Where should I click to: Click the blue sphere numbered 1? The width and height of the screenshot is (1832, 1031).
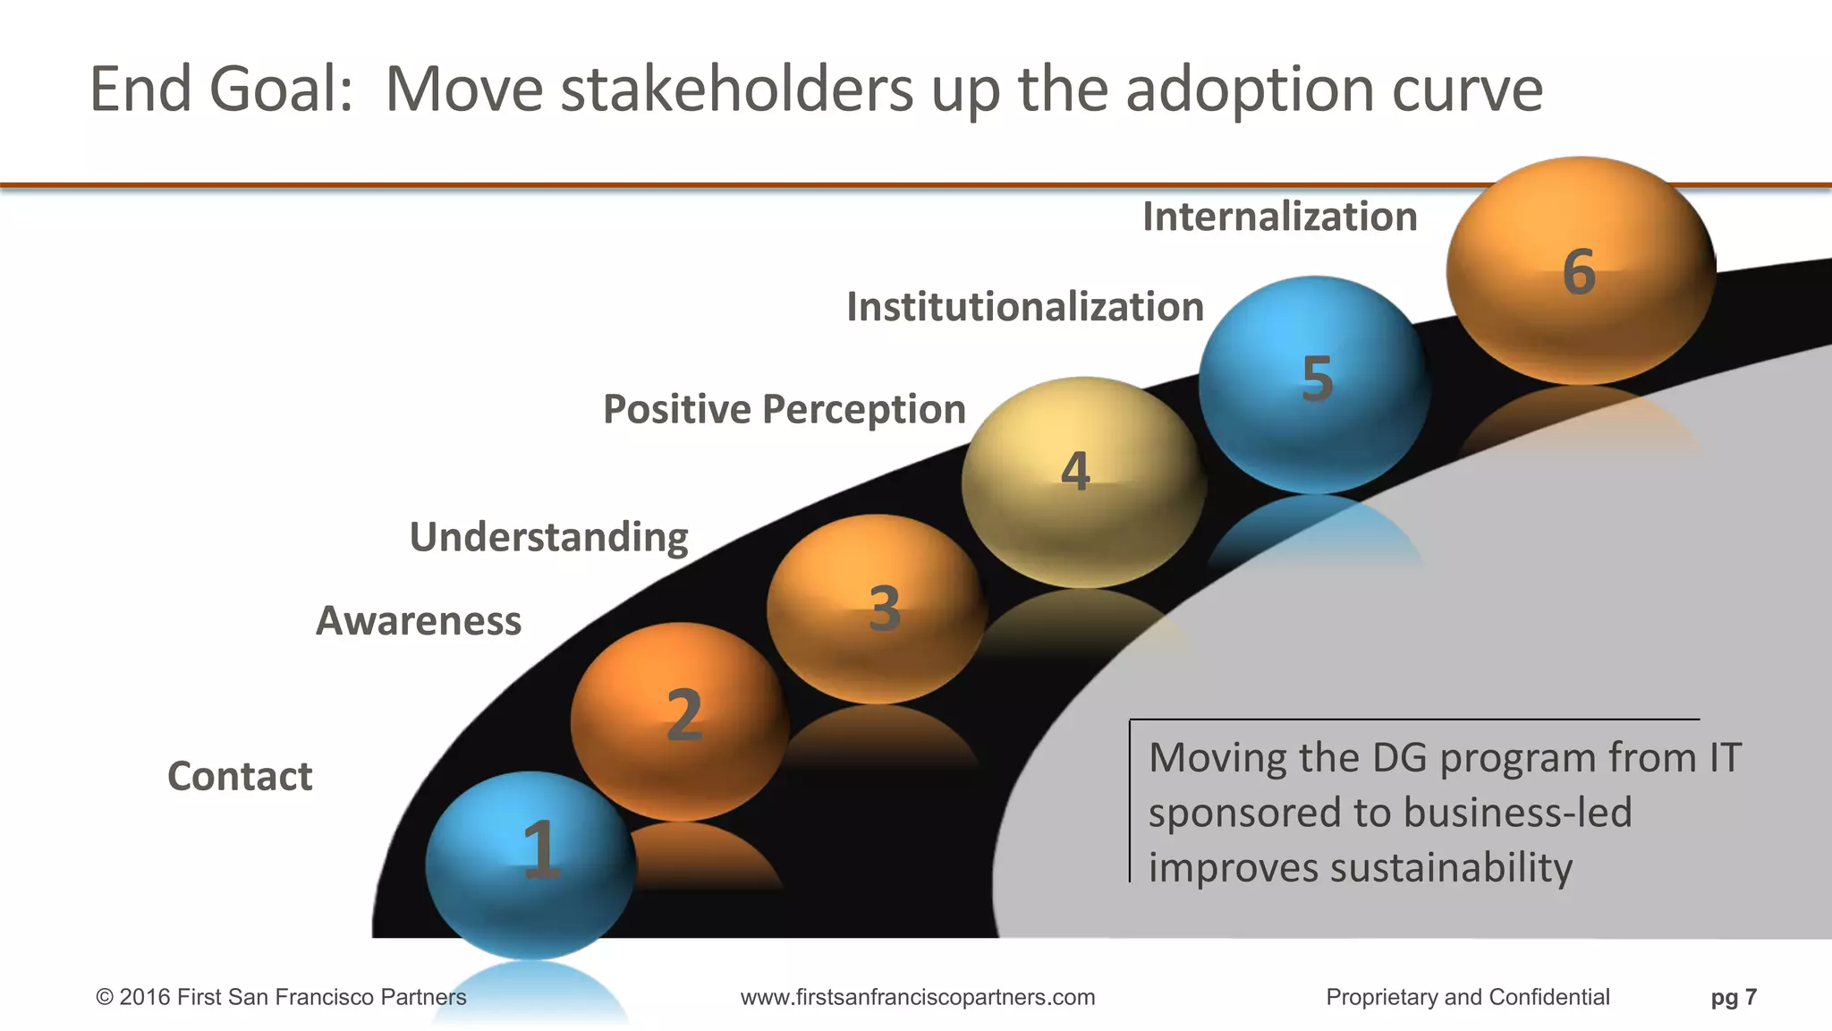tap(531, 864)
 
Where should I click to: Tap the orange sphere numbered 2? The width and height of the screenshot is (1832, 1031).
tap(680, 720)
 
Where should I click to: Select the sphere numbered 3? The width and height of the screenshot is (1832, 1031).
tap(877, 609)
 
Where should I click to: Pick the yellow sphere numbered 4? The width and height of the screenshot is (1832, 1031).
tap(1083, 481)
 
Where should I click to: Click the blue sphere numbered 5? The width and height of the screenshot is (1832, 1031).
tap(1313, 383)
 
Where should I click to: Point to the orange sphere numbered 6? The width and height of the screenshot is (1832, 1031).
tap(1581, 270)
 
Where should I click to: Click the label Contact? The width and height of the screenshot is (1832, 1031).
tap(240, 776)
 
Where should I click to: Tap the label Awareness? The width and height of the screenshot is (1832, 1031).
tap(419, 620)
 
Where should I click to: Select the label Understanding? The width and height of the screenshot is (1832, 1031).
tap(548, 537)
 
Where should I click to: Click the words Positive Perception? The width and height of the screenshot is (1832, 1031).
tap(785, 409)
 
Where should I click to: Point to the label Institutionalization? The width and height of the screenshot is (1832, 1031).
tap(1025, 307)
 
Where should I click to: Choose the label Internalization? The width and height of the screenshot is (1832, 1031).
tap(1280, 217)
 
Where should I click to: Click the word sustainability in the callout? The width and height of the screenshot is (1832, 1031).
tap(1450, 868)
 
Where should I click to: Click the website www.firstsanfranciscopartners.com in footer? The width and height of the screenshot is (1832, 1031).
tap(918, 997)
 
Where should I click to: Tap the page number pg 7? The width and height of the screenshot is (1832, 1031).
tap(1734, 997)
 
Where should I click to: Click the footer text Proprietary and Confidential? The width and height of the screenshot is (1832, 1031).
tap(1467, 997)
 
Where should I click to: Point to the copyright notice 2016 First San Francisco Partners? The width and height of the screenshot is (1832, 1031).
tap(282, 997)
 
